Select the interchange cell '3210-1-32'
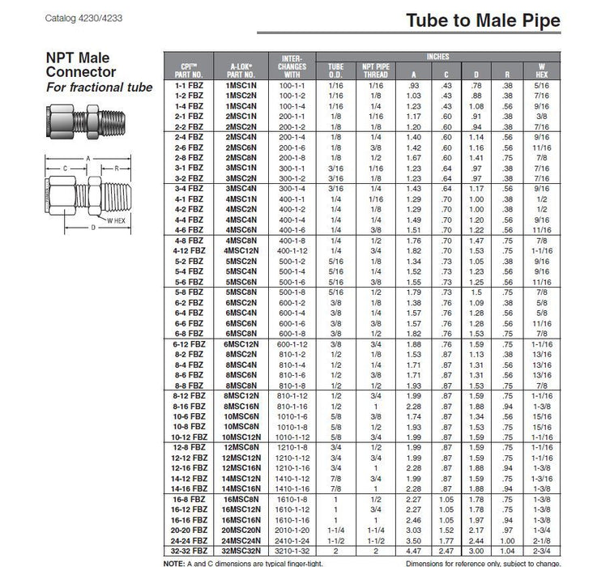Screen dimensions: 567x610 290,549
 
